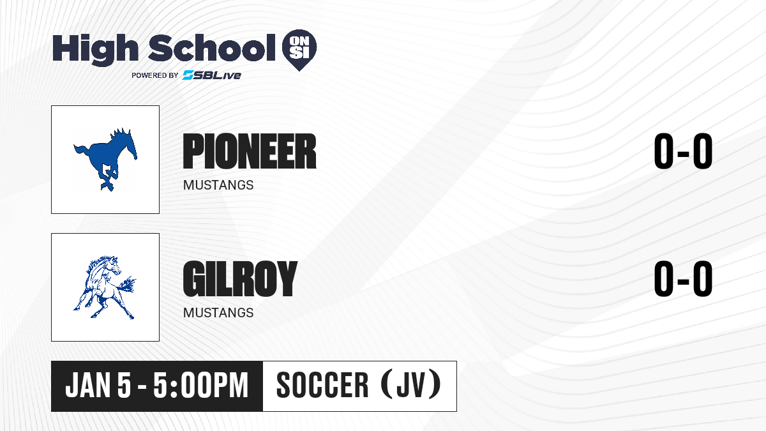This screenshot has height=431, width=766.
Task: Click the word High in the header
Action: click(95, 49)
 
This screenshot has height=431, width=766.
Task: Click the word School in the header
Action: click(212, 48)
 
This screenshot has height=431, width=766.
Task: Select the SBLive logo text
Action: click(211, 75)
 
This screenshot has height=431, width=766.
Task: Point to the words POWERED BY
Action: click(155, 75)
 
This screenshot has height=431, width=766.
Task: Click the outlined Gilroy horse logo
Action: click(105, 287)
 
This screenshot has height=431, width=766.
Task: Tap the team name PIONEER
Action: click(250, 151)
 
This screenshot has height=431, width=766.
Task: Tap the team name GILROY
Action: click(240, 279)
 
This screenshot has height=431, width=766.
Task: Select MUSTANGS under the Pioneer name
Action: click(218, 185)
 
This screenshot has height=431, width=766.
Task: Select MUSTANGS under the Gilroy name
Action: click(218, 313)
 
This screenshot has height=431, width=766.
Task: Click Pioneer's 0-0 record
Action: click(683, 151)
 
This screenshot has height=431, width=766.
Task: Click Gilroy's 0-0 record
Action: click(683, 279)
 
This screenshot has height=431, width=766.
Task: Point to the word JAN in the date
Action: click(88, 386)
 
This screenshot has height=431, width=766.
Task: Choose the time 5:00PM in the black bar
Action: click(200, 386)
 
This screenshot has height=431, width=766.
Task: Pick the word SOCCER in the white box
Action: click(322, 386)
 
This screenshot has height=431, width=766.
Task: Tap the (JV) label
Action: click(411, 385)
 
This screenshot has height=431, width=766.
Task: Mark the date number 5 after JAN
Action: click(124, 386)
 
